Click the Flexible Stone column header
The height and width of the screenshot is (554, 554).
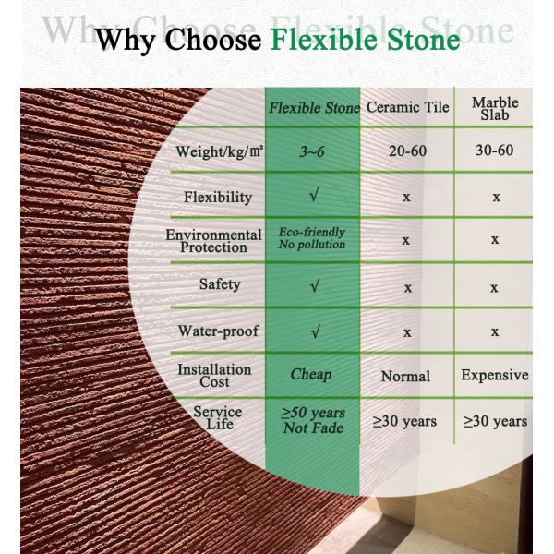(x=314, y=108)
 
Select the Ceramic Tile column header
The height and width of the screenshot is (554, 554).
(x=407, y=107)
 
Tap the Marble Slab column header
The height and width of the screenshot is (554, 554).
(x=495, y=108)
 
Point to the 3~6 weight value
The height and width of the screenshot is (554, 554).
(x=312, y=151)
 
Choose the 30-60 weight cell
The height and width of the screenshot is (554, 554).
(x=494, y=150)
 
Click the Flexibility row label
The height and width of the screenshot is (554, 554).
(x=218, y=197)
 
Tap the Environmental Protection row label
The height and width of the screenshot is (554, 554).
(x=214, y=241)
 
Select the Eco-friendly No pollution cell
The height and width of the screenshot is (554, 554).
(x=312, y=238)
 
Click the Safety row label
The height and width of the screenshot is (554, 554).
(x=220, y=284)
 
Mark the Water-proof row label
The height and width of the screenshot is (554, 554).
(x=218, y=331)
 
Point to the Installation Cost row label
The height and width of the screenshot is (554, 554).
(x=214, y=375)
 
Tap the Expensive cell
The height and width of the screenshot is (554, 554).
(x=495, y=375)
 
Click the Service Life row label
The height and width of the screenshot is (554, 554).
(x=218, y=417)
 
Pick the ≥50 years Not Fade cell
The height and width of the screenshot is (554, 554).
(x=313, y=420)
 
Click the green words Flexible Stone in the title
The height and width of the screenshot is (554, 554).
(x=365, y=41)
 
